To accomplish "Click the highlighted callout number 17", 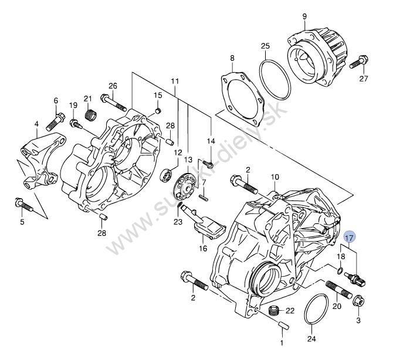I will tap(350, 237).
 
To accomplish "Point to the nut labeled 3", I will tap(358, 301).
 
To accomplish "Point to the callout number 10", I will tap(275, 176).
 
